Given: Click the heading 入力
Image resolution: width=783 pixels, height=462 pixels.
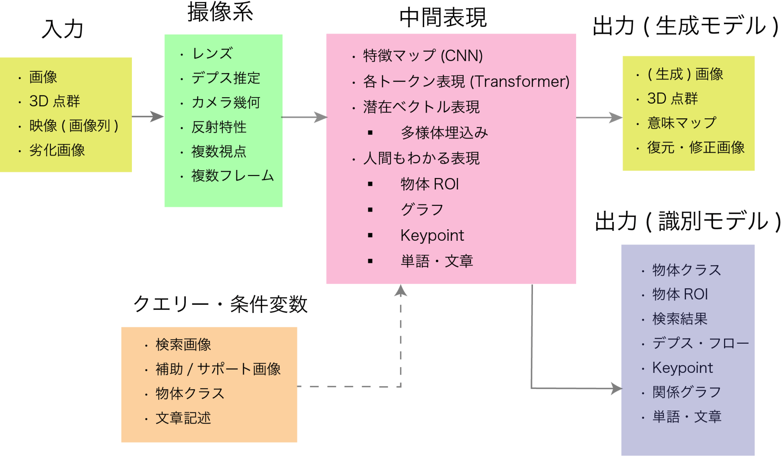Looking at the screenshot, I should [63, 29].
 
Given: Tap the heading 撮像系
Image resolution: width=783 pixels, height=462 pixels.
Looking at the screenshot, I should [220, 12].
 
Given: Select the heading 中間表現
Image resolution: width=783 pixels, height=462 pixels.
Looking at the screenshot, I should [443, 18].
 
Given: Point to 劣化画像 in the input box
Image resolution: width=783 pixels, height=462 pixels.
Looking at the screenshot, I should [57, 150].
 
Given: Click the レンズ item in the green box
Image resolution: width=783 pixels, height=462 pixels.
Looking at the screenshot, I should [212, 54].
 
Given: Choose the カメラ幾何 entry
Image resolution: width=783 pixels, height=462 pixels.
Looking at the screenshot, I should [226, 103].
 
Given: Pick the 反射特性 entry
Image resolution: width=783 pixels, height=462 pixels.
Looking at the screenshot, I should [219, 127].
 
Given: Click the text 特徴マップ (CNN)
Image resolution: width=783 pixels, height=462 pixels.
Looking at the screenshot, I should [423, 56].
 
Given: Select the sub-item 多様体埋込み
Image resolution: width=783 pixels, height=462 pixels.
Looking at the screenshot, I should [444, 133].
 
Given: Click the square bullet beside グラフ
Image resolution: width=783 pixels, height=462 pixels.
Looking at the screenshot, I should [370, 210].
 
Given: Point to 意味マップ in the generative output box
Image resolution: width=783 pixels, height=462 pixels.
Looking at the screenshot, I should [682, 123].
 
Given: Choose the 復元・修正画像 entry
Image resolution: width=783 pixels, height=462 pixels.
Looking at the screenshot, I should [696, 147].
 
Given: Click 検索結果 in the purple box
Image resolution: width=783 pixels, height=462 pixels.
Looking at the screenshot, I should [680, 319].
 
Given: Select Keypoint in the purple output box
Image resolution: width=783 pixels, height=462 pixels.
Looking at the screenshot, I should [682, 368].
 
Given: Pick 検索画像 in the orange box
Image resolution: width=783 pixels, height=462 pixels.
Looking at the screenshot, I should [183, 345].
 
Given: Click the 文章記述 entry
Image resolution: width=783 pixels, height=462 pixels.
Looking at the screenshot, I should [183, 418].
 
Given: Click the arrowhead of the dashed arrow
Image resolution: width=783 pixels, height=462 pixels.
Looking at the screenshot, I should [400, 291].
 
